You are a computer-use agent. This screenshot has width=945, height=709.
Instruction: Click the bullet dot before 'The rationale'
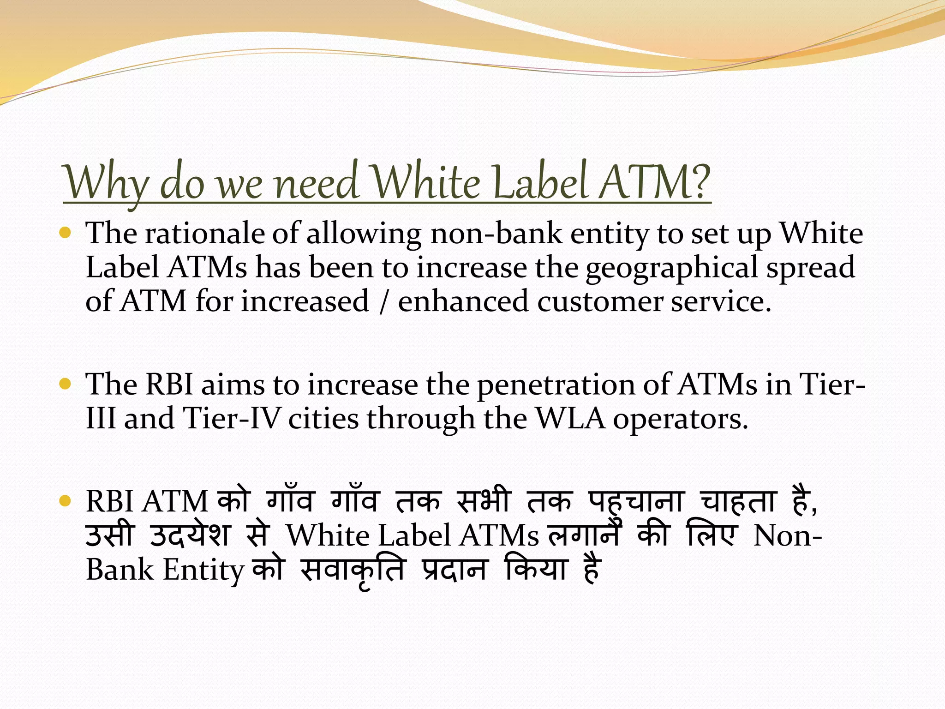(66, 233)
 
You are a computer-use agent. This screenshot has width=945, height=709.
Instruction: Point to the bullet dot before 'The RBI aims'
(66, 384)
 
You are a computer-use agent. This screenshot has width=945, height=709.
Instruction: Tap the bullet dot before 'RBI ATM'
(66, 501)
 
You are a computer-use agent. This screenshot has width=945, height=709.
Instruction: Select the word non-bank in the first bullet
(496, 234)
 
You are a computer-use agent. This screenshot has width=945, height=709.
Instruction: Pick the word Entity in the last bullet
(203, 571)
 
